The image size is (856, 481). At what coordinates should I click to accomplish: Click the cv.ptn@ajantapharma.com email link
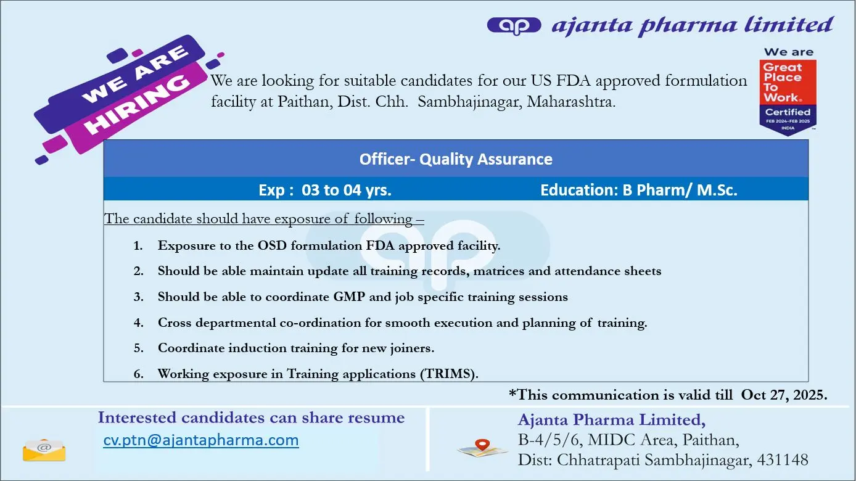coord(201,440)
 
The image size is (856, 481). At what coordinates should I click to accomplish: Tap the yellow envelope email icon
coord(44,450)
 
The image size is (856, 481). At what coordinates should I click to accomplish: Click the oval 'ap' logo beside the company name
coord(514,26)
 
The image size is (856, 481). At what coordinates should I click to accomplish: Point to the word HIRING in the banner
coord(137,104)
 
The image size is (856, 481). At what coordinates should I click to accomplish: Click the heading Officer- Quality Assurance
coord(456,159)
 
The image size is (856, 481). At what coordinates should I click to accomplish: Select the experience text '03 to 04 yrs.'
coord(347,190)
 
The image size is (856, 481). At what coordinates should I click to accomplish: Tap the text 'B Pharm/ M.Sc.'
coord(680,190)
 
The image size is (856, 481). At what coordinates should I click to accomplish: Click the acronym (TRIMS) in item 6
coord(449,374)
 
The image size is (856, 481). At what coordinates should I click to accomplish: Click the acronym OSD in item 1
coord(272,245)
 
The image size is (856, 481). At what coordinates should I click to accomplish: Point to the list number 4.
coord(138,323)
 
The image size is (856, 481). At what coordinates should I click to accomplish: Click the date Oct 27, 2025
coord(784,395)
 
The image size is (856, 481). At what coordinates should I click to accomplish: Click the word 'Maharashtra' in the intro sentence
coord(571,101)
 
